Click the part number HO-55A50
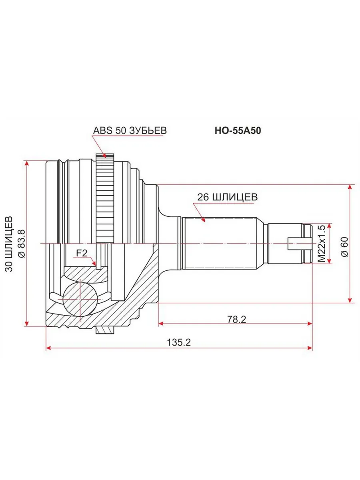tap(238, 130)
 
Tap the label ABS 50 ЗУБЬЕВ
tap(130, 130)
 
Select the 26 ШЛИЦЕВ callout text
tap(228, 197)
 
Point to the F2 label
tap(82, 253)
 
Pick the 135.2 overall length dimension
tap(179, 343)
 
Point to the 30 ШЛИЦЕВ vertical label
tap(9, 244)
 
